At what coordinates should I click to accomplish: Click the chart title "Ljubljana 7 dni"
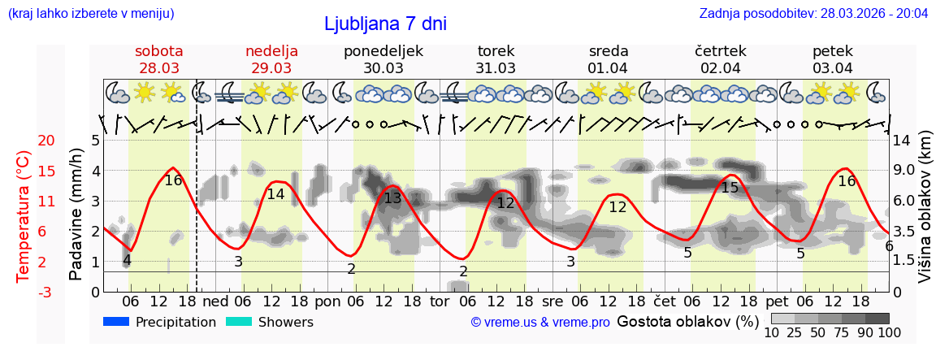tap(385, 24)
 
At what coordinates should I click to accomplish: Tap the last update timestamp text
tap(813, 14)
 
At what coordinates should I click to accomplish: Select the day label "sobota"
tap(159, 50)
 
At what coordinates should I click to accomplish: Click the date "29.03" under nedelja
tap(271, 68)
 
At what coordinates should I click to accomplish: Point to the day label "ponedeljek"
tap(383, 50)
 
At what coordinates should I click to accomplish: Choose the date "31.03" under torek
tap(496, 68)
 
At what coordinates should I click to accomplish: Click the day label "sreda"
tap(609, 50)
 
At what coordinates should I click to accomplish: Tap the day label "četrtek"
tap(721, 50)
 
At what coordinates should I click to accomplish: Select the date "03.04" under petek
tap(833, 68)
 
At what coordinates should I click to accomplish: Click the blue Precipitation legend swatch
tap(116, 322)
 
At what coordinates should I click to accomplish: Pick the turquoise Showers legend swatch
tap(239, 322)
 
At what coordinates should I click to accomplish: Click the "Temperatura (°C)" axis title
tap(24, 216)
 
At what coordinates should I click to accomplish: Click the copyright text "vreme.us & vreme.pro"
tap(540, 323)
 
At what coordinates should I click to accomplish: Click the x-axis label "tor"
tap(440, 301)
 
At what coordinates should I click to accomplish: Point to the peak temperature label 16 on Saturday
tap(173, 180)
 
